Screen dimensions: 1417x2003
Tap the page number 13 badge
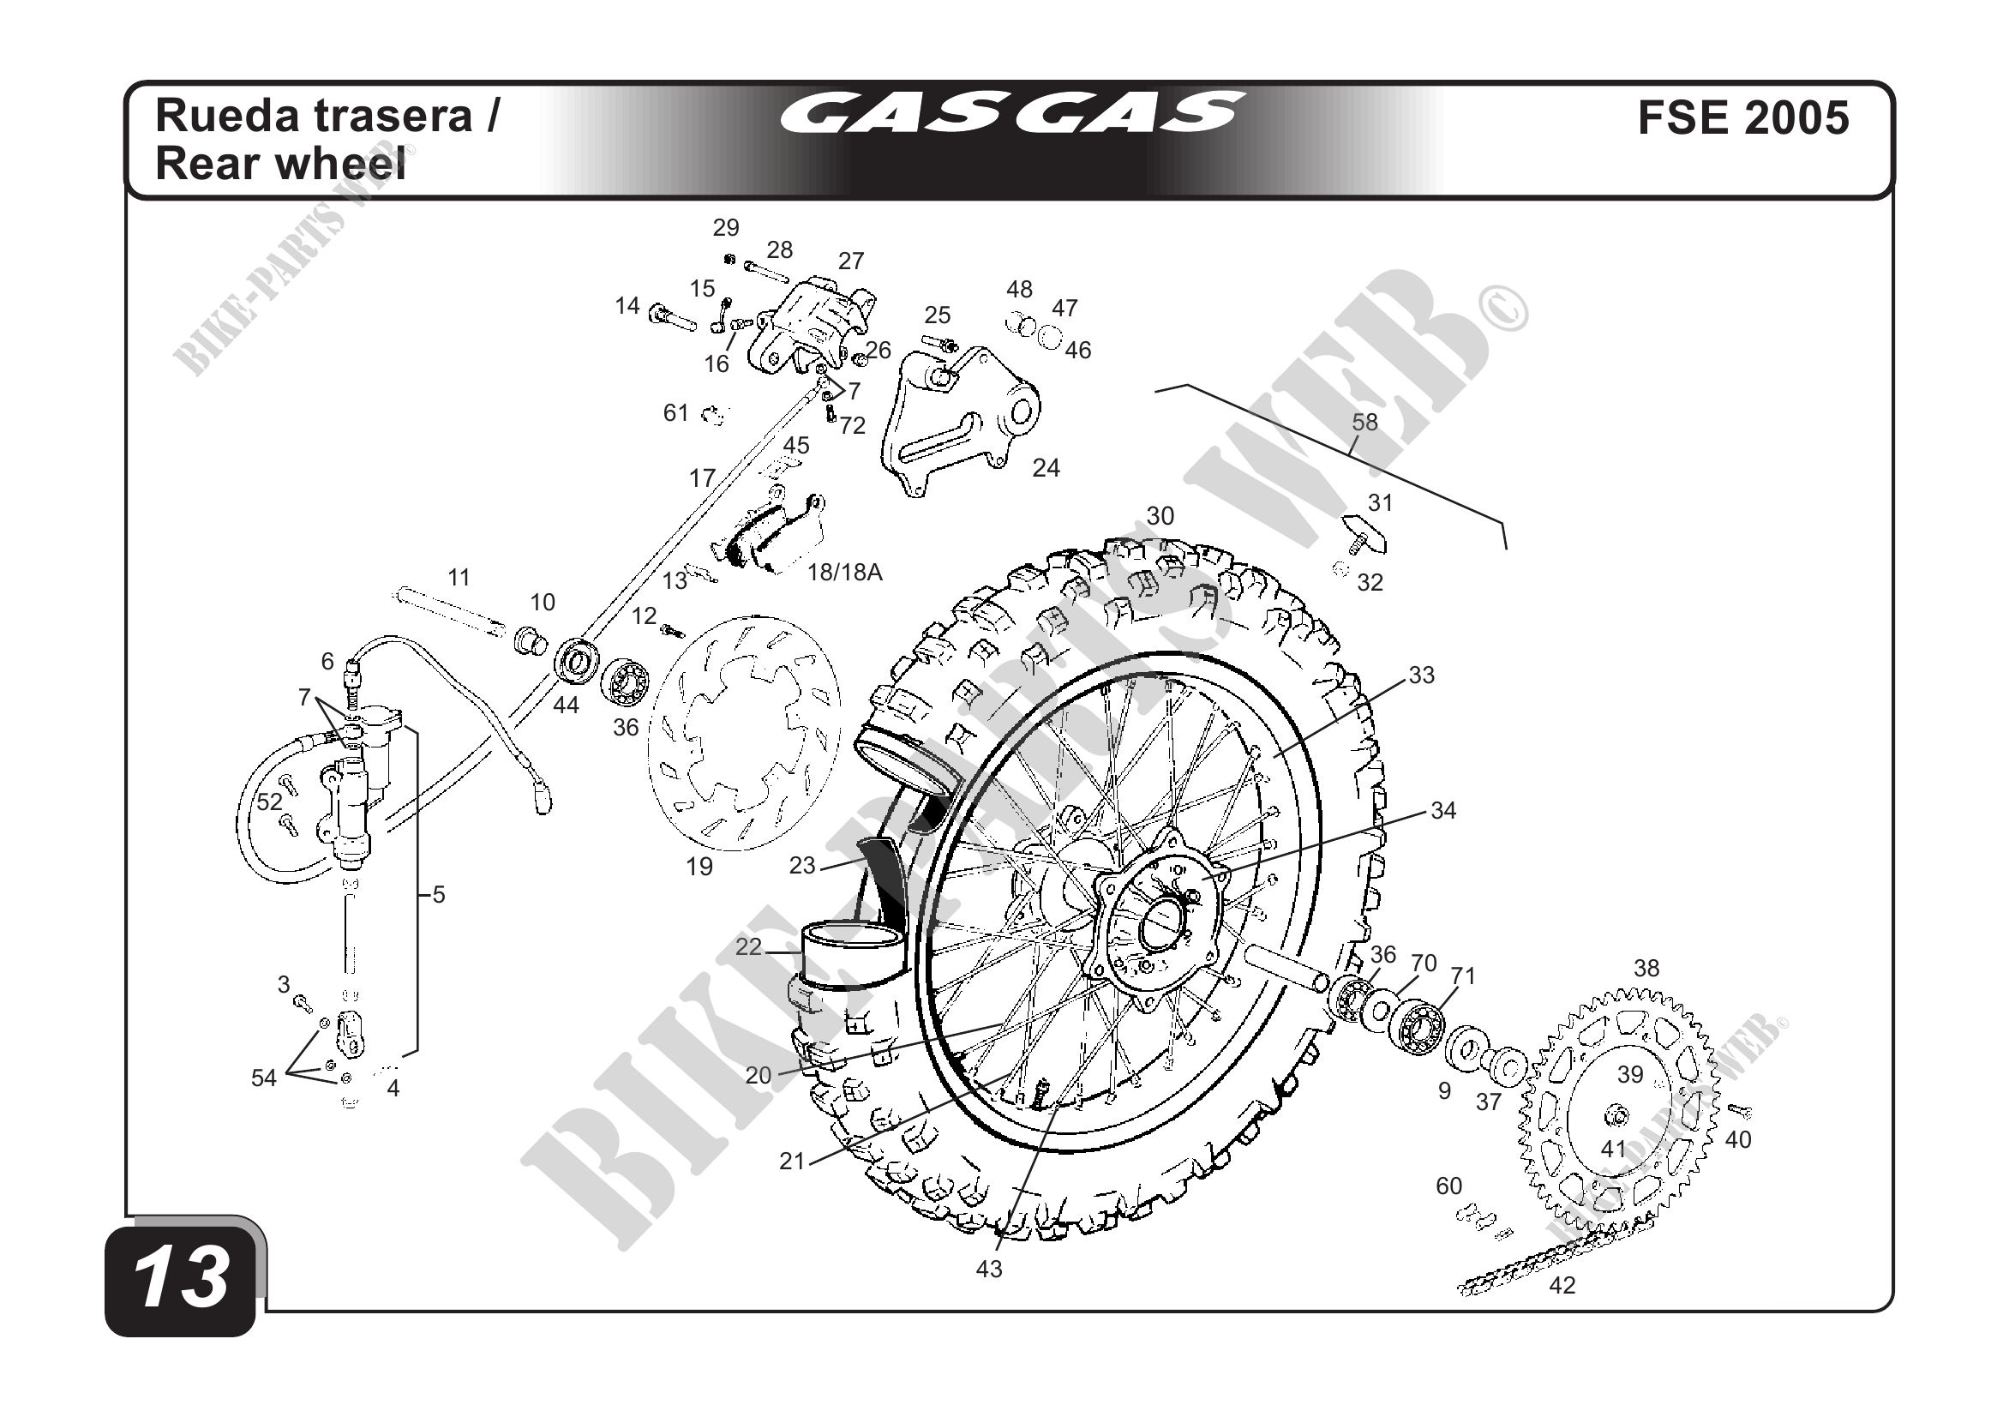pyautogui.click(x=182, y=1278)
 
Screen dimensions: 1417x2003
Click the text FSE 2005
pyautogui.click(x=1743, y=117)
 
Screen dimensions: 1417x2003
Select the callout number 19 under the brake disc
pyautogui.click(x=699, y=867)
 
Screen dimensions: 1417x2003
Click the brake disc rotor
pyautogui.click(x=744, y=733)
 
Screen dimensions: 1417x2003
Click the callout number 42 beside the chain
pyautogui.click(x=1562, y=1285)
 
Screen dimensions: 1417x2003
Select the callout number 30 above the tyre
pyautogui.click(x=1160, y=516)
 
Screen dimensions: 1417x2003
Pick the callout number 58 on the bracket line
pyautogui.click(x=1364, y=423)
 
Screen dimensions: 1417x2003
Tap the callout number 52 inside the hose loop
pyautogui.click(x=269, y=801)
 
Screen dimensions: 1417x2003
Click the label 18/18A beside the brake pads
pyautogui.click(x=844, y=573)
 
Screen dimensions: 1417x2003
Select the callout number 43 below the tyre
pyautogui.click(x=988, y=1269)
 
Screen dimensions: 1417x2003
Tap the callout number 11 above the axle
pyautogui.click(x=459, y=578)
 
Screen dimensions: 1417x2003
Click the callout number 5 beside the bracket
pyautogui.click(x=439, y=894)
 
